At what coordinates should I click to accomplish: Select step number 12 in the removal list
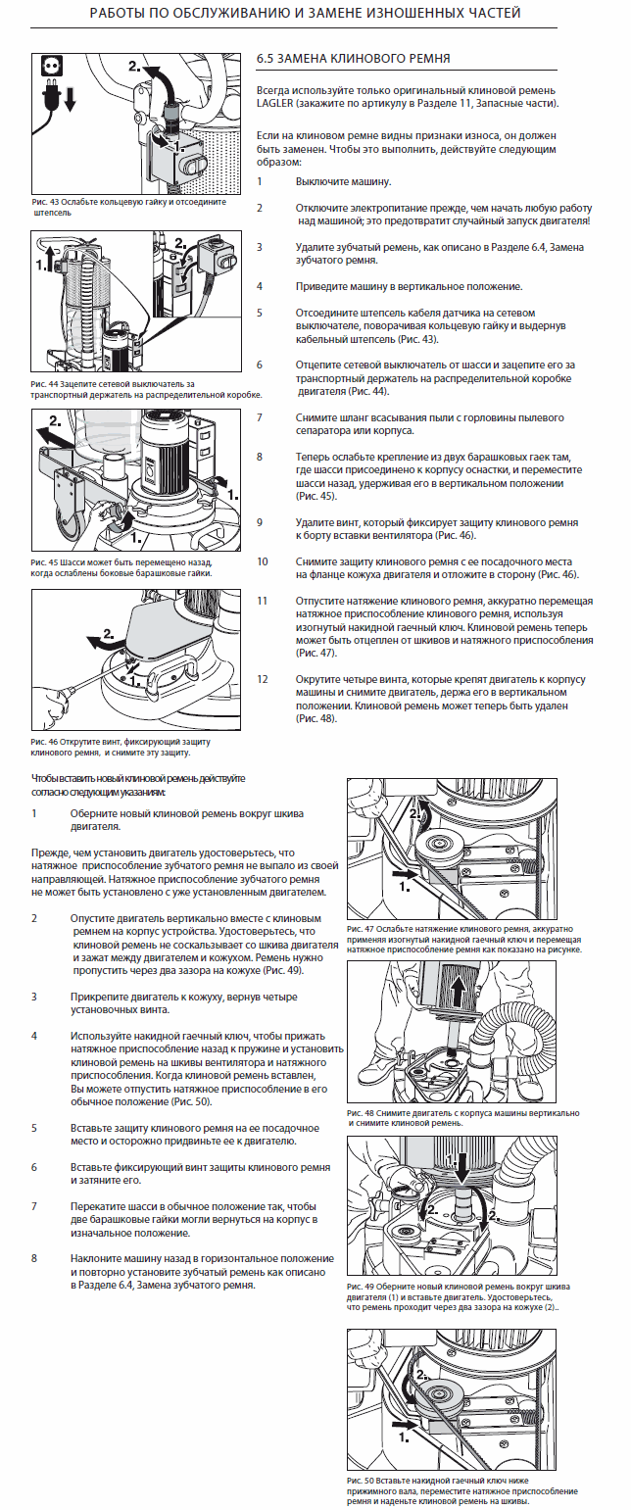coord(263,679)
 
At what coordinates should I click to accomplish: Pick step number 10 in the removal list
coord(263,561)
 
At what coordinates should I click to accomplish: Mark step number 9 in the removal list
coord(262,522)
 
